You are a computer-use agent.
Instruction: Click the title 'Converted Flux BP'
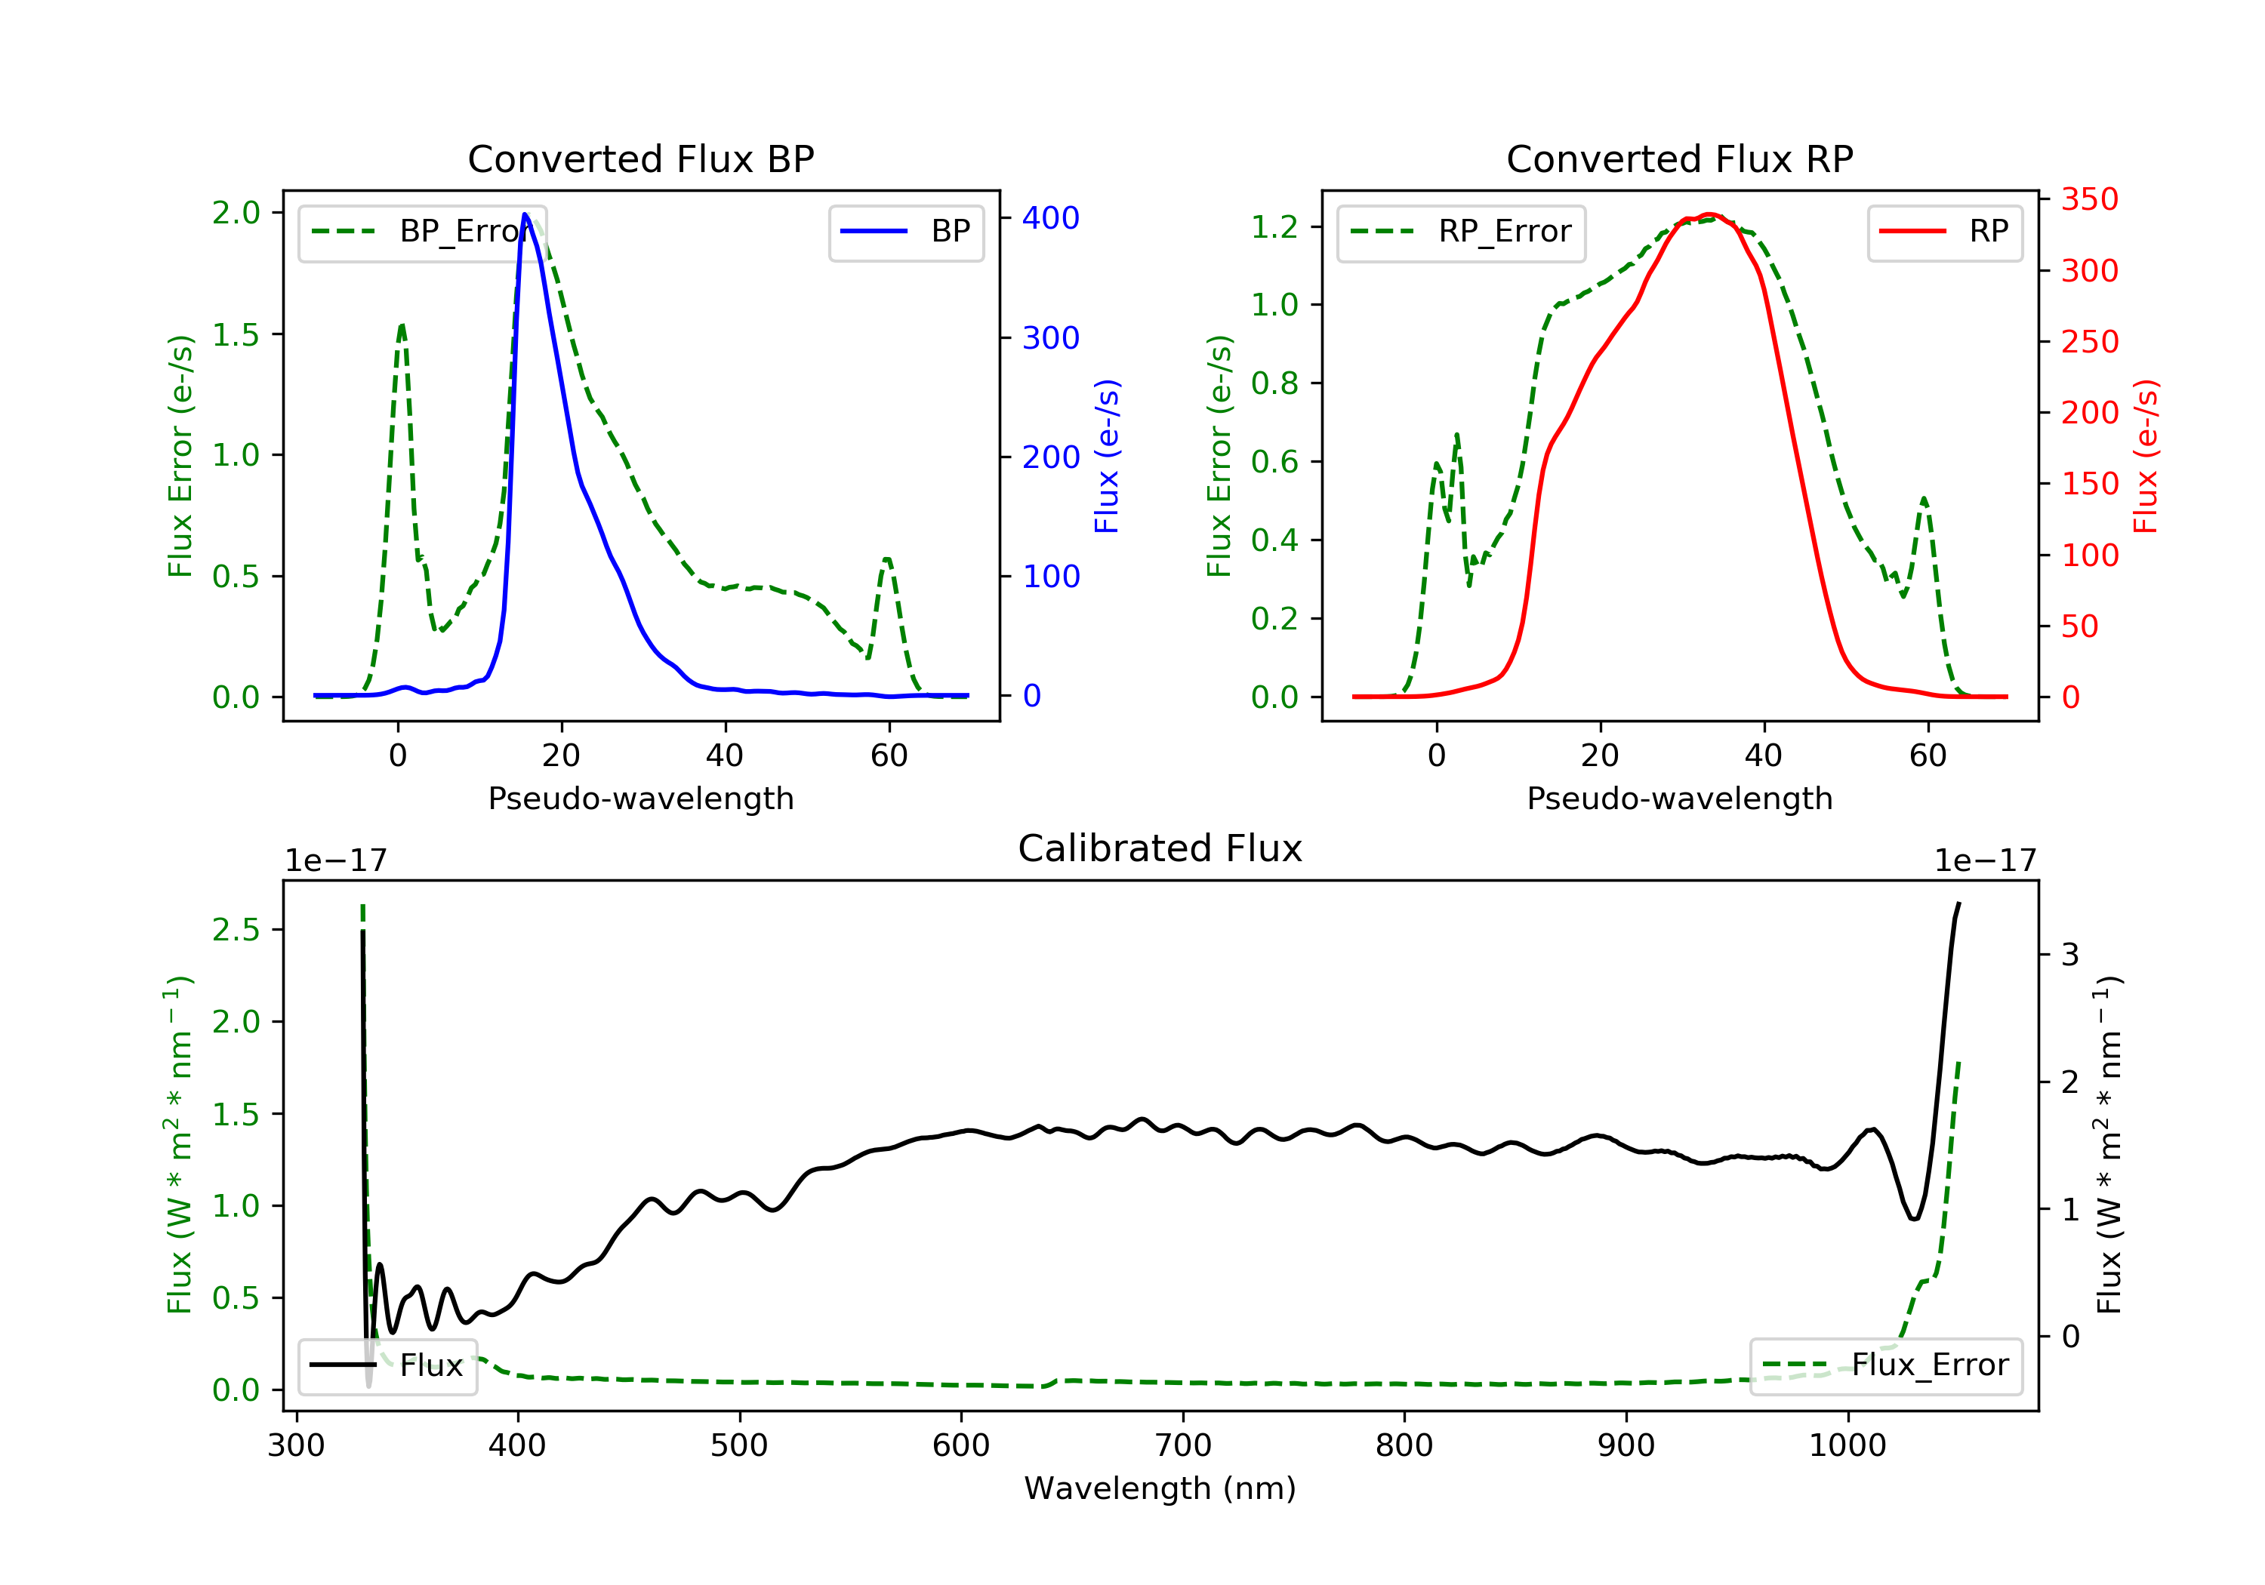[x=640, y=158]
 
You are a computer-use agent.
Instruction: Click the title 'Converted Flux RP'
[x=1679, y=158]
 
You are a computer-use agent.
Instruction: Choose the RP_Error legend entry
[x=1460, y=232]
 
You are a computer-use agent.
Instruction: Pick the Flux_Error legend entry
[x=1885, y=1365]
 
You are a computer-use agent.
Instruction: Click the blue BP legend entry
[x=905, y=232]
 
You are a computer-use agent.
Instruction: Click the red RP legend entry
[x=1944, y=232]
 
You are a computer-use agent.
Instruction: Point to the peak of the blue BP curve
[x=525, y=214]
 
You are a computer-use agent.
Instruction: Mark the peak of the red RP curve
[x=1709, y=214]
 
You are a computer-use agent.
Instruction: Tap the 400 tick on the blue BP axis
[x=1049, y=218]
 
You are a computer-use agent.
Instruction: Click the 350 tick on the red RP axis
[x=2088, y=199]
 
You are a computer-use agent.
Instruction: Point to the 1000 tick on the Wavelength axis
[x=1847, y=1446]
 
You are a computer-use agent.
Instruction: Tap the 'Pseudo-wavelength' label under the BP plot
[x=640, y=798]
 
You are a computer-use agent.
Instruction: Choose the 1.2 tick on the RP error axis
[x=1274, y=227]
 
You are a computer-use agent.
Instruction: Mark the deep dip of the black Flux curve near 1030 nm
[x=1914, y=1219]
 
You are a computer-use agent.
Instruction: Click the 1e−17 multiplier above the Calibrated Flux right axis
[x=1985, y=861]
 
